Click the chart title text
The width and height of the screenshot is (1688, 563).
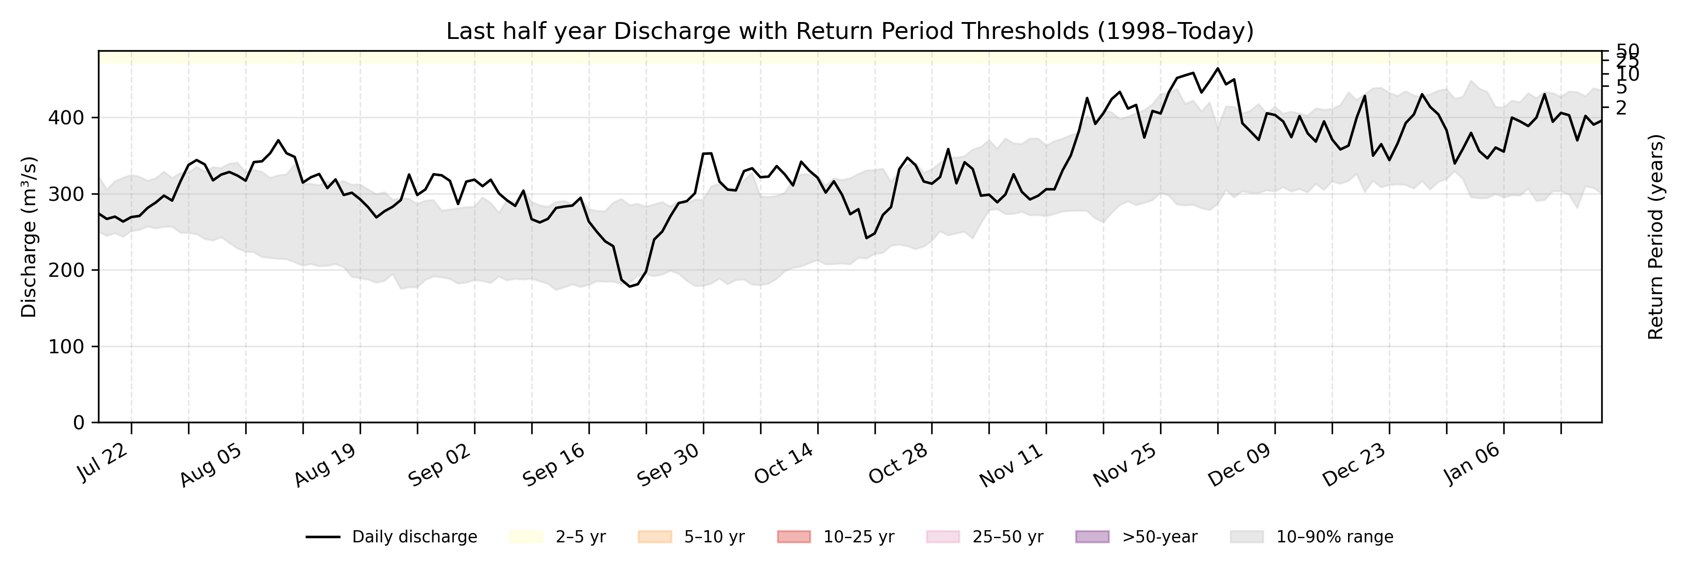point(850,31)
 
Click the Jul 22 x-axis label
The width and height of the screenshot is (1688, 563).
point(104,462)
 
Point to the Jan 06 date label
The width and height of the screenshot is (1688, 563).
point(1472,463)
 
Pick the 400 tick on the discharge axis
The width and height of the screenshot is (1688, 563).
point(66,118)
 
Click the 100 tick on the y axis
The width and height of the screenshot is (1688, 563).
point(66,347)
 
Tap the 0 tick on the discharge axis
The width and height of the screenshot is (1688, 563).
point(79,423)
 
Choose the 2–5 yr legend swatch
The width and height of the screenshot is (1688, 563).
point(526,537)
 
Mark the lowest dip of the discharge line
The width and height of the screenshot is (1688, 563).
point(630,286)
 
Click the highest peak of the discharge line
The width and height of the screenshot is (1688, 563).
point(1218,68)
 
